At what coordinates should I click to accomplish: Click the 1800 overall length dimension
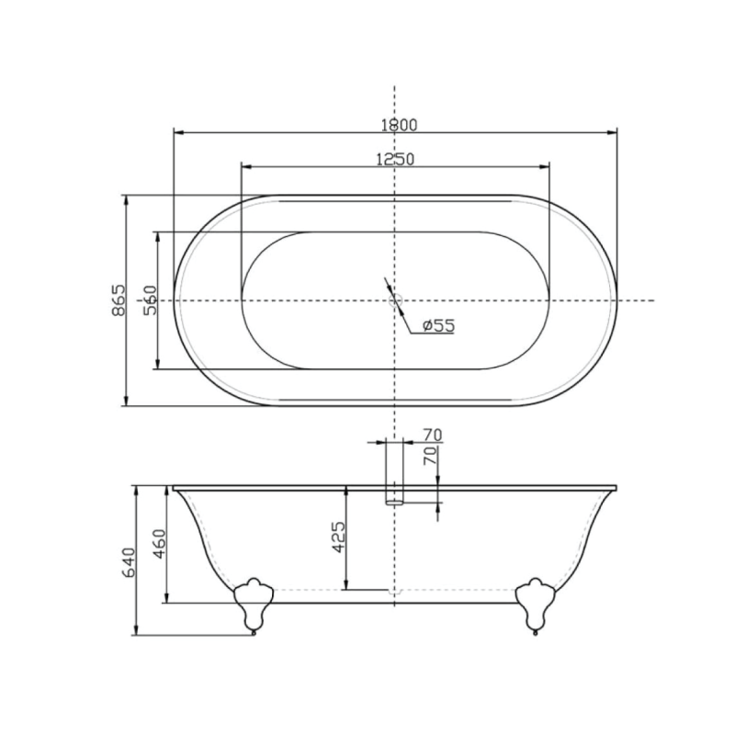click(x=399, y=125)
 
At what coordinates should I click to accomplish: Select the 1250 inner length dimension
click(x=396, y=159)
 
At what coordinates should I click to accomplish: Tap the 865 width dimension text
click(x=119, y=300)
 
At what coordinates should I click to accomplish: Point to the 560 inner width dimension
click(x=150, y=300)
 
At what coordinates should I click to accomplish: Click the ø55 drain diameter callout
click(x=438, y=325)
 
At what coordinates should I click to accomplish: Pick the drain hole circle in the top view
click(x=395, y=300)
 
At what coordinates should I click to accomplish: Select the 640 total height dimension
click(x=128, y=562)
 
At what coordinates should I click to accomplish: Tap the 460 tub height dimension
click(x=159, y=544)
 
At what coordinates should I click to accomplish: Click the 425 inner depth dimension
click(x=338, y=537)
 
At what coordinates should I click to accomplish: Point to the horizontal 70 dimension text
click(x=432, y=435)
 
